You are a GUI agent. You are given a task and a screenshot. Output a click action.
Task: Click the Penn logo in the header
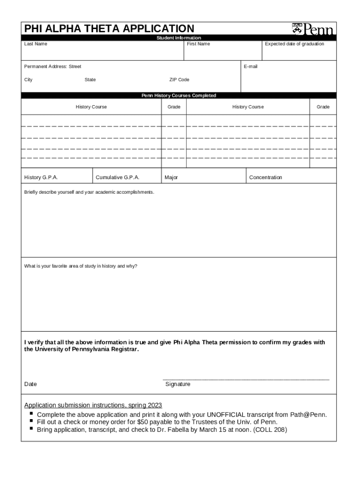point(313,29)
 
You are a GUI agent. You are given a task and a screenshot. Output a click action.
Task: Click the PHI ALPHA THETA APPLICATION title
point(109,29)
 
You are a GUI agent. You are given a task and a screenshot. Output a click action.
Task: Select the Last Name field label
point(36,44)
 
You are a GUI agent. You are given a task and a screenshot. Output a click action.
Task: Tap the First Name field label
point(198,44)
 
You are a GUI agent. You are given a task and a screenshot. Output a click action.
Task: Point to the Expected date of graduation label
point(294,44)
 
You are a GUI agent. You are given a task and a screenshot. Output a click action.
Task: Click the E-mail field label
point(251,66)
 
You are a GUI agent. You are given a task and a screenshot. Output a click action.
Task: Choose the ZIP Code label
point(179,80)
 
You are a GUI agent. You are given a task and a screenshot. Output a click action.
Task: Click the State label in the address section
point(90,80)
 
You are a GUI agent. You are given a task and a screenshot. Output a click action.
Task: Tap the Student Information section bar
point(179,38)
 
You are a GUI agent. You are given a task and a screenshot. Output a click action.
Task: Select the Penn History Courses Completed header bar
point(179,95)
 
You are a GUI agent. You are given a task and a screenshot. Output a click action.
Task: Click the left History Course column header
point(91,107)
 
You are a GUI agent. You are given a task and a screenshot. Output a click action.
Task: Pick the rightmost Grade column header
point(323,107)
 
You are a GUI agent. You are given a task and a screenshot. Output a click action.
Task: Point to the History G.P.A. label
point(41,178)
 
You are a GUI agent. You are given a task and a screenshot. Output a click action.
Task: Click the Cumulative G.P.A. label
point(117,178)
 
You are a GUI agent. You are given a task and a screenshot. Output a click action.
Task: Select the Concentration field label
point(266,178)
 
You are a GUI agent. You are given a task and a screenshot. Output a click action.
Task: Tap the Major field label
point(171,178)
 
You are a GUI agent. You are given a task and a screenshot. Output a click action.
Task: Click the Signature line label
point(178,384)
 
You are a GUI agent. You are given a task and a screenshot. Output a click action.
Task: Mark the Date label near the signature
point(30,384)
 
